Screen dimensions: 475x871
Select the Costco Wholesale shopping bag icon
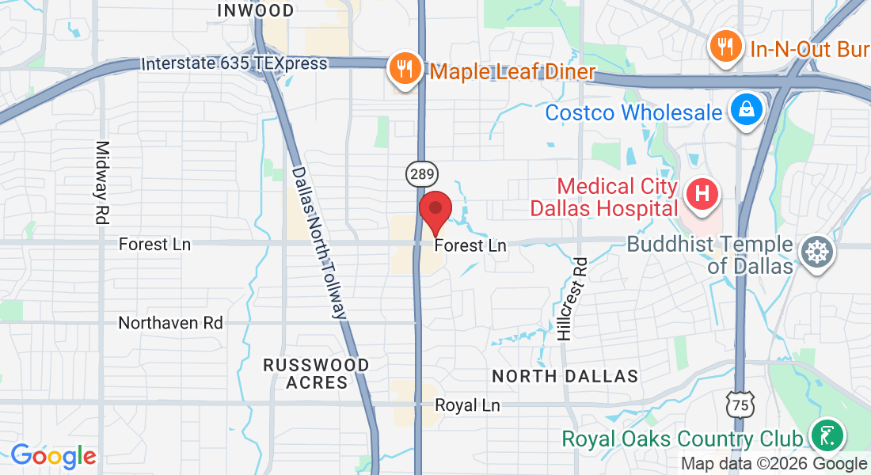[x=746, y=112]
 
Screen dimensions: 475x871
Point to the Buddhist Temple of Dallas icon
[x=816, y=253]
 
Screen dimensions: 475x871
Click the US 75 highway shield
[x=740, y=404]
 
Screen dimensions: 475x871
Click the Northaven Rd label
[x=170, y=323]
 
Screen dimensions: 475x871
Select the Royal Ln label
[x=467, y=405]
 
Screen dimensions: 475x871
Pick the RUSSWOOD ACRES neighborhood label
[x=316, y=374]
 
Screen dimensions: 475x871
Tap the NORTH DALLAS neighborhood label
[x=565, y=375]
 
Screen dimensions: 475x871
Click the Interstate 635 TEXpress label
[x=234, y=63]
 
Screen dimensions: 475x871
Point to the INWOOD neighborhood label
[x=255, y=10]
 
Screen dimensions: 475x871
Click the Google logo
[x=53, y=456]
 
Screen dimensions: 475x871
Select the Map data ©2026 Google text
[x=774, y=464]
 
